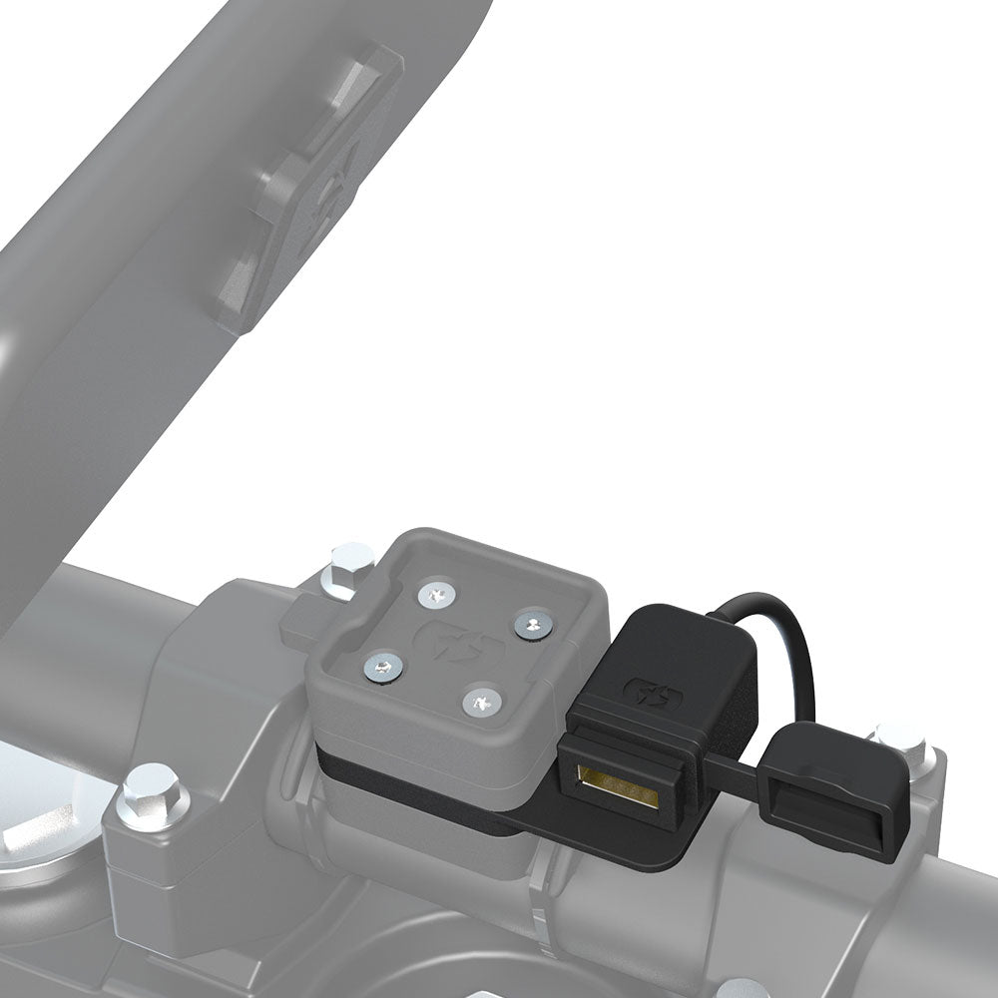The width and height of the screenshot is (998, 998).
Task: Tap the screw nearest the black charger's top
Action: click(532, 626)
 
